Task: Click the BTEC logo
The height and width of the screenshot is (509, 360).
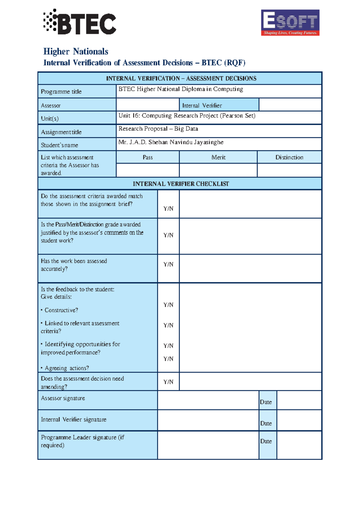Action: [80, 22]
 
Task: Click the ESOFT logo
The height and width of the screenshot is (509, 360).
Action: [290, 23]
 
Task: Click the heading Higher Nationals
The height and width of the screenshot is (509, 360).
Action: [76, 52]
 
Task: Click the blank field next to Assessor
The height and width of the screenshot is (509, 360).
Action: [148, 105]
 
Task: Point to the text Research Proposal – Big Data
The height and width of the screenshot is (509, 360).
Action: [158, 129]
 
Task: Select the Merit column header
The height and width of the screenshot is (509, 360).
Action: [218, 157]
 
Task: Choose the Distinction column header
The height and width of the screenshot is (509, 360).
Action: [289, 157]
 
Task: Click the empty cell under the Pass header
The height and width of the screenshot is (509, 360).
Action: [148, 170]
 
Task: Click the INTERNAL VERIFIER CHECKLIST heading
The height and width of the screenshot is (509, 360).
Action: [181, 184]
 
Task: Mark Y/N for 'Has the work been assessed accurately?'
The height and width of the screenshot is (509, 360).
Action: [168, 264]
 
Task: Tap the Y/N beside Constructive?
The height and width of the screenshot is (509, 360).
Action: [168, 305]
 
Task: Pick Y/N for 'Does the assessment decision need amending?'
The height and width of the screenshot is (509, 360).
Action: [168, 382]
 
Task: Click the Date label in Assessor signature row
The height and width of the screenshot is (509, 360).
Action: [266, 402]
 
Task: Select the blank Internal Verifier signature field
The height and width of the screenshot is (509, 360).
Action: [208, 420]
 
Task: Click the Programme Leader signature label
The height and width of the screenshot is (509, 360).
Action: [82, 441]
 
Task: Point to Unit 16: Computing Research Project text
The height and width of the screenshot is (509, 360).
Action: [187, 116]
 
